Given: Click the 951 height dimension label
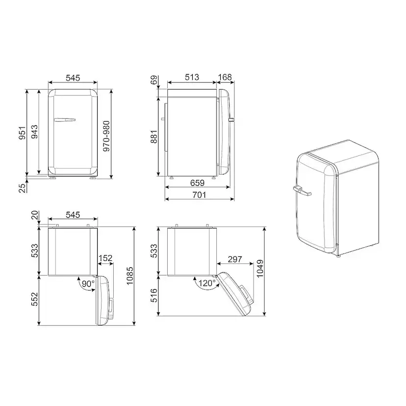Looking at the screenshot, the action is coord(22,133).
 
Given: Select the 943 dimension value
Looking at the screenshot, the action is coord(34,132).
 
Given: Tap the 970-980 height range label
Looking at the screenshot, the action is coord(106,136).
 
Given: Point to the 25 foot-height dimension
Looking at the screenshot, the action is coord(23,188).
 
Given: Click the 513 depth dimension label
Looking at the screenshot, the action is coord(192,77).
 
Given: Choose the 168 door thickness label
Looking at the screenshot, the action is coord(225,77).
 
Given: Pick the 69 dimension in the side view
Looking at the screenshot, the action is coord(154,80).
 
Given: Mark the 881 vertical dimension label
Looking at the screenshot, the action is coord(154,137).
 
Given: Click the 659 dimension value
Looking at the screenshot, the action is coord(197,183).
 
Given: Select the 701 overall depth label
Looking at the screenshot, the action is coord(199,195).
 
